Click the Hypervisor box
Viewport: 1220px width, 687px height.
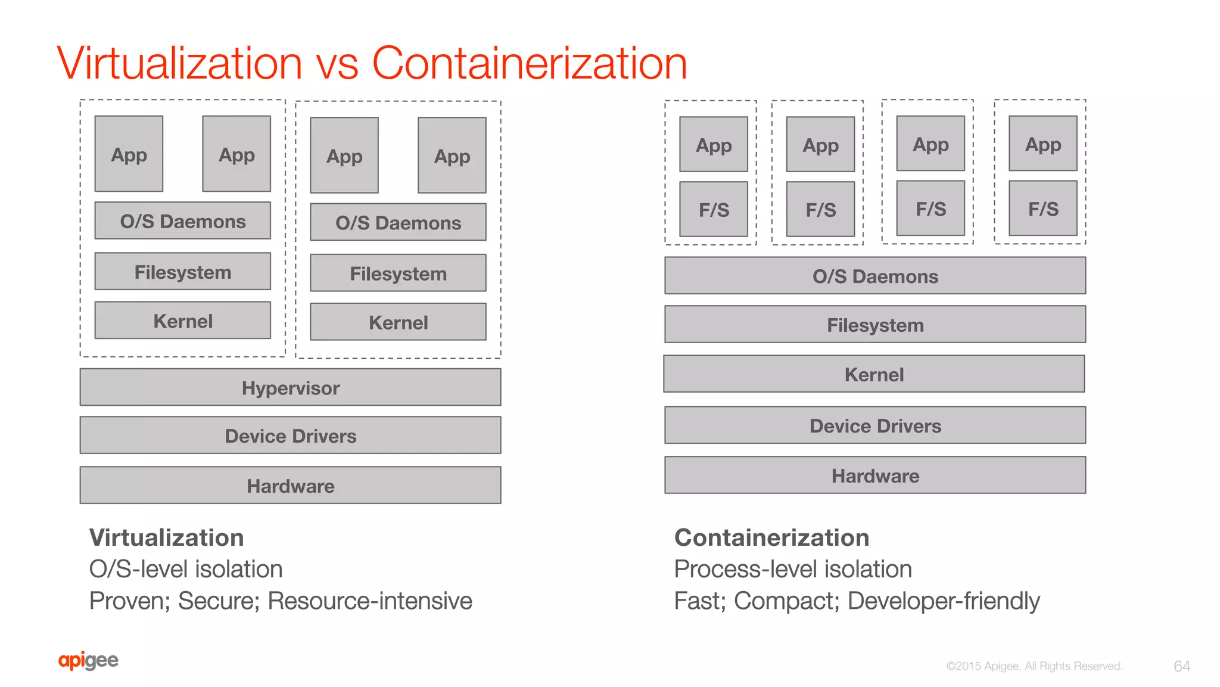point(290,387)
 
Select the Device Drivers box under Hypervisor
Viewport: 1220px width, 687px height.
point(290,436)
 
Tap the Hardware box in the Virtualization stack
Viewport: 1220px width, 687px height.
point(290,486)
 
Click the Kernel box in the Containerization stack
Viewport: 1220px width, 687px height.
point(874,374)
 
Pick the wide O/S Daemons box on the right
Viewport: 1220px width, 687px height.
point(875,276)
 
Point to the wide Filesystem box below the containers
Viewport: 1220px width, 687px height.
point(875,325)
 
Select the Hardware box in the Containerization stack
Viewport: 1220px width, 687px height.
point(875,475)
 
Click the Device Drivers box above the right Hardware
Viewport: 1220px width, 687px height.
point(875,425)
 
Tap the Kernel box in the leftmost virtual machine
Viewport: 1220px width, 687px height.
point(182,321)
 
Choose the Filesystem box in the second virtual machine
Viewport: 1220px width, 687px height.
point(398,273)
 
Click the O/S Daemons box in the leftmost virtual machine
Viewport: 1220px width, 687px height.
point(182,221)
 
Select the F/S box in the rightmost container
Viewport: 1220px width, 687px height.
point(1043,209)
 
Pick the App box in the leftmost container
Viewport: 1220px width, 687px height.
point(714,145)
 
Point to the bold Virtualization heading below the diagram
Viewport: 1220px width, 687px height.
point(166,537)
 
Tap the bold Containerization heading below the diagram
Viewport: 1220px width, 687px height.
point(771,537)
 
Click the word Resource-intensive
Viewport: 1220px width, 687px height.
point(370,601)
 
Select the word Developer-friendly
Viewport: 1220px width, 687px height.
point(944,601)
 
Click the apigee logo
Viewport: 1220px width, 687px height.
point(88,661)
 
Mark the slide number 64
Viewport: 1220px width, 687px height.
point(1182,666)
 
